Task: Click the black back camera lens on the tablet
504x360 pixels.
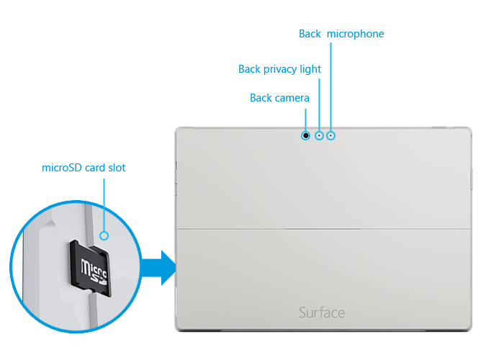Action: (306, 135)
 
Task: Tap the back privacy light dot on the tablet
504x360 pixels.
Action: (319, 135)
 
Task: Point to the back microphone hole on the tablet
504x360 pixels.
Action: (331, 135)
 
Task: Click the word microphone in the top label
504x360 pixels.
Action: (356, 34)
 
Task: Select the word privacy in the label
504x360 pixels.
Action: (282, 69)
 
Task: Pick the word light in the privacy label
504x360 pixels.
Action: (311, 69)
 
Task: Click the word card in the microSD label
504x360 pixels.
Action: (93, 168)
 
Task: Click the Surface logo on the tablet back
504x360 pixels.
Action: (322, 312)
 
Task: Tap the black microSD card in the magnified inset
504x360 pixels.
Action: (89, 266)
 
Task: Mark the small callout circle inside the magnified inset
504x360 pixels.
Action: (104, 235)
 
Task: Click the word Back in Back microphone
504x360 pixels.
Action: (310, 34)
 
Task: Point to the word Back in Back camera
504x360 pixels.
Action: (261, 97)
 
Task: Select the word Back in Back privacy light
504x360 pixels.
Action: (250, 69)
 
